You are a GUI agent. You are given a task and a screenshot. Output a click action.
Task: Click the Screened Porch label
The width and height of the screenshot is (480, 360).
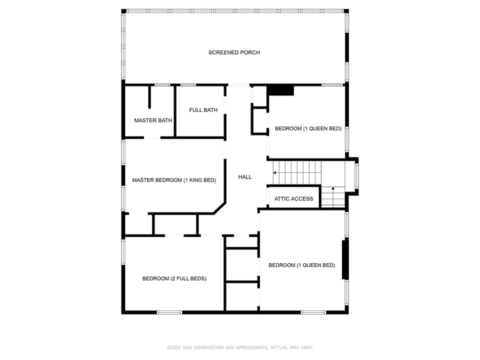pos(234,52)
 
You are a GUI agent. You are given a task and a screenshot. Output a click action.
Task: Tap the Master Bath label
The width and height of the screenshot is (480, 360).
pos(153,120)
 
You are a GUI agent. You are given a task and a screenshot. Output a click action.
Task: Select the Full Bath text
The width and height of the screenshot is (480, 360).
pos(203,110)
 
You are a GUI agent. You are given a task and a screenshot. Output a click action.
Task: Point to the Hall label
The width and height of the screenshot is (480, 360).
pos(245,177)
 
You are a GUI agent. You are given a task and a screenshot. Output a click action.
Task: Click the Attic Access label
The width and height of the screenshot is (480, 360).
pos(293,199)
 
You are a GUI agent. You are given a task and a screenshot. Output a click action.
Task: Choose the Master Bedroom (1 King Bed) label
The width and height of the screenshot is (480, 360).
pos(174,180)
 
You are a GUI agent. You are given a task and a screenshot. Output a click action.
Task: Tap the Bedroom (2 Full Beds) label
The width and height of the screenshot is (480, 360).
pos(174,278)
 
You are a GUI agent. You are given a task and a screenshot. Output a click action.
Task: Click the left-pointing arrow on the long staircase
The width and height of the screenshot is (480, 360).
pos(275,172)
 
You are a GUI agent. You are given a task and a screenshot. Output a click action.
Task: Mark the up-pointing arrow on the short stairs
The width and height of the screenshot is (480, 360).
pos(333,189)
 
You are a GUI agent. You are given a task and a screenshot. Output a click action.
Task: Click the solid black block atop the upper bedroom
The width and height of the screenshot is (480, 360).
pos(280,90)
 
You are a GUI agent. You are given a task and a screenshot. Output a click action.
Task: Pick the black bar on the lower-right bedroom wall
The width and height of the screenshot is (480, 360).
pos(344,259)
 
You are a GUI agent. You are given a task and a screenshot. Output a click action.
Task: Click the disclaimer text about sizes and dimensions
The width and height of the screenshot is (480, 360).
pos(239,347)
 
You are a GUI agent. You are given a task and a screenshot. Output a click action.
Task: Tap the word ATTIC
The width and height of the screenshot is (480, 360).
pos(281,199)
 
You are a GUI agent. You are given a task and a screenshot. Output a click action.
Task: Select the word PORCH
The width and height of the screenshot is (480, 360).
pos(250,52)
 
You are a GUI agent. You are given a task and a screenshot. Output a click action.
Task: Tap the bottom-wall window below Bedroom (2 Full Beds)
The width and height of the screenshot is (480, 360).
pos(169,312)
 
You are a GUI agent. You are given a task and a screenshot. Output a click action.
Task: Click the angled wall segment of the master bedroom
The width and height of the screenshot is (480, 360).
pos(219,208)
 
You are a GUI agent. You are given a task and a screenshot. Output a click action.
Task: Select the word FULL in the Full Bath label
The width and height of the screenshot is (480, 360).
pos(195,110)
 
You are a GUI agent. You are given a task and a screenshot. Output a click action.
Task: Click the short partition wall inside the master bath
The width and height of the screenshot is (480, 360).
pos(149,97)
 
